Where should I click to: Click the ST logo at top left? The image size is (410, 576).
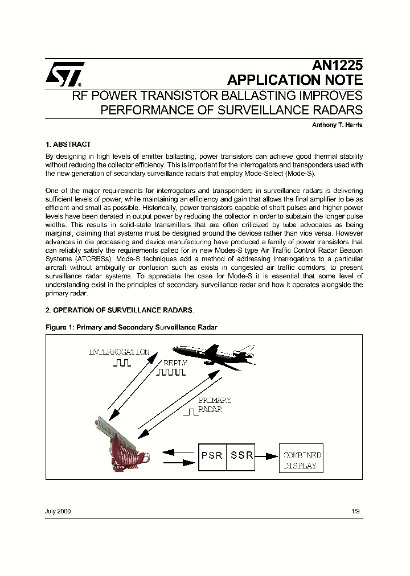click(65, 73)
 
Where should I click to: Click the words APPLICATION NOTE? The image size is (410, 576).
click(294, 80)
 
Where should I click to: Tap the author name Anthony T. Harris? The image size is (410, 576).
click(336, 125)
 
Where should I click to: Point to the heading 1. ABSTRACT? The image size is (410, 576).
click(68, 145)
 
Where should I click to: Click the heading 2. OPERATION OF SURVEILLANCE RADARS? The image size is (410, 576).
click(120, 310)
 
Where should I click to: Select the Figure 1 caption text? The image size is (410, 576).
click(131, 327)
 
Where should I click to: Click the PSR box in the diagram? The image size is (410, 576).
click(212, 456)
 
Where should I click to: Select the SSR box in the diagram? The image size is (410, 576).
click(241, 456)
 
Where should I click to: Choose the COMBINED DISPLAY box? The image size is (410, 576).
click(301, 460)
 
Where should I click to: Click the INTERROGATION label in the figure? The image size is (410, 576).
click(119, 352)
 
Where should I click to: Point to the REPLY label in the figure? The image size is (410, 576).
click(175, 363)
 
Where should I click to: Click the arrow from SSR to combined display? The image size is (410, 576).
click(266, 456)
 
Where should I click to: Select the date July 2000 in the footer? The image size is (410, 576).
click(58, 512)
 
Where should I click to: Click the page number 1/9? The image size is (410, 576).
click(355, 512)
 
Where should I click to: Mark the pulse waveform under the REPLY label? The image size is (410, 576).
click(171, 373)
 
